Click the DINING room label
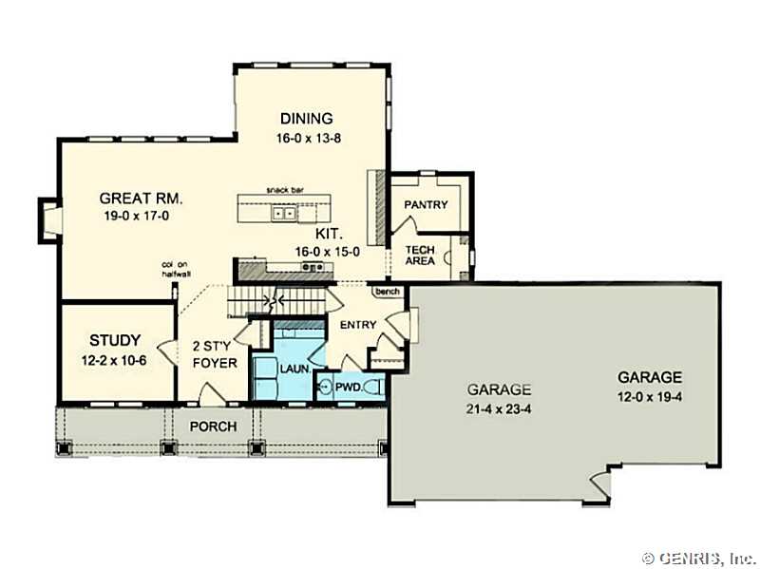pyautogui.click(x=307, y=118)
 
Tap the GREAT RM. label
pyautogui.click(x=141, y=199)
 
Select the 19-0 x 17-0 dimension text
pyautogui.click(x=137, y=217)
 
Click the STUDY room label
pyautogui.click(x=115, y=340)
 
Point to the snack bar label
pyautogui.click(x=286, y=190)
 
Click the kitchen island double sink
pyautogui.click(x=284, y=213)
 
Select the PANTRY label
pyautogui.click(x=426, y=205)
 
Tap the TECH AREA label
pyautogui.click(x=420, y=256)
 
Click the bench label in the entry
pyautogui.click(x=388, y=292)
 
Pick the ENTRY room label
pyautogui.click(x=358, y=325)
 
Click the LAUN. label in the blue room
pyautogui.click(x=295, y=369)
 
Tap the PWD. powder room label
pyautogui.click(x=349, y=388)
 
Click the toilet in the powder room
pyautogui.click(x=374, y=388)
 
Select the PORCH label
pyautogui.click(x=213, y=427)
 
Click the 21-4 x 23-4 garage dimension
pyautogui.click(x=499, y=409)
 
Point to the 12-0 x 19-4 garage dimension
pyautogui.click(x=650, y=397)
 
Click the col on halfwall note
pyautogui.click(x=175, y=270)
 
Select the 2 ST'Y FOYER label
pyautogui.click(x=215, y=354)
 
